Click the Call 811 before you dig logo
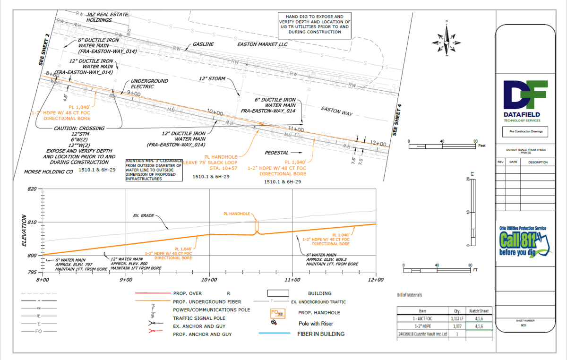click(523, 242)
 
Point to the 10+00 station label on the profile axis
click(209, 280)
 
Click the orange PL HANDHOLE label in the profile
click(237, 214)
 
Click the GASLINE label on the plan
click(203, 44)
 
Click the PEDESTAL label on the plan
click(276, 153)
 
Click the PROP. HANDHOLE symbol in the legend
click(277, 313)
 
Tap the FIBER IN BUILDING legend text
click(321, 334)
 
